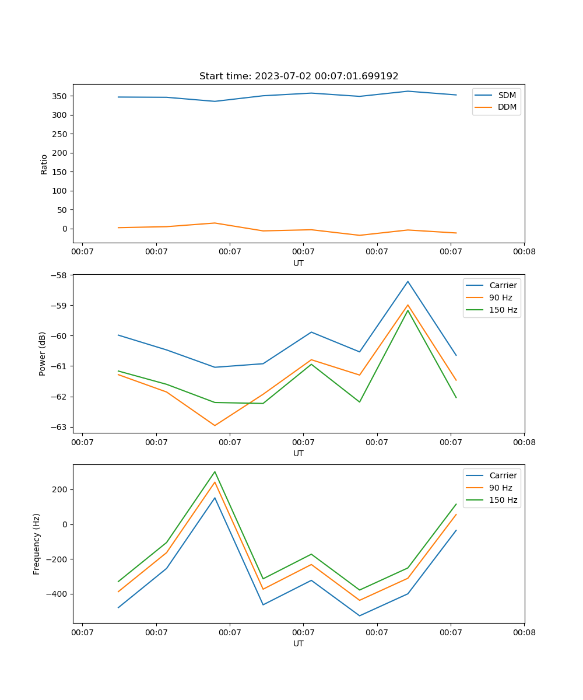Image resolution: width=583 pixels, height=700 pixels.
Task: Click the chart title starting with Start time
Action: tap(298, 76)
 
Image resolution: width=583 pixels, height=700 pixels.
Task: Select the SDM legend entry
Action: tap(507, 94)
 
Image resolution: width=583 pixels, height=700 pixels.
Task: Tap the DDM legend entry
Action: tap(507, 107)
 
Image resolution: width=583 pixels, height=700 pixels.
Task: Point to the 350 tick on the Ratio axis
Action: tap(61, 96)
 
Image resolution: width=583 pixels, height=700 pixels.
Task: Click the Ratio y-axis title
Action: tap(44, 164)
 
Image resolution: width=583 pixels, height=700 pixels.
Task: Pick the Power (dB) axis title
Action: tap(43, 353)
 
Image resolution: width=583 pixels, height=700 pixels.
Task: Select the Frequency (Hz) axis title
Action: tap(37, 544)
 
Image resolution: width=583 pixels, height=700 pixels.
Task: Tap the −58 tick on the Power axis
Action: tap(59, 275)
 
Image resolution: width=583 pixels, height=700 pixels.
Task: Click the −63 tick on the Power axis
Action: tap(59, 427)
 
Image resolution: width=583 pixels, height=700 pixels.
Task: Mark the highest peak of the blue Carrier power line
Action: tap(408, 282)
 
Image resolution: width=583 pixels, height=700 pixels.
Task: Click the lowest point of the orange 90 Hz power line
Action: tap(215, 425)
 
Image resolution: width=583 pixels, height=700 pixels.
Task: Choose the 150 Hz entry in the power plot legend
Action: tap(503, 310)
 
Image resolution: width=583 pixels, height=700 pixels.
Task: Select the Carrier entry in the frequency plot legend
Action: tap(503, 475)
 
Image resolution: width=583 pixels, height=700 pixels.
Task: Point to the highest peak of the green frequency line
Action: tap(215, 472)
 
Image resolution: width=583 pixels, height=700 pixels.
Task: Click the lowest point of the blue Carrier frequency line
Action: tap(359, 615)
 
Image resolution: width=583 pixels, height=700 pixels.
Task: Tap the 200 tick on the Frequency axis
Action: tap(61, 489)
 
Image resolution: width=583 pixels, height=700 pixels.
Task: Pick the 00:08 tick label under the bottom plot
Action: tap(524, 632)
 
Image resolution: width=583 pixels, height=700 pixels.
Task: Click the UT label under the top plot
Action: tap(298, 263)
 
